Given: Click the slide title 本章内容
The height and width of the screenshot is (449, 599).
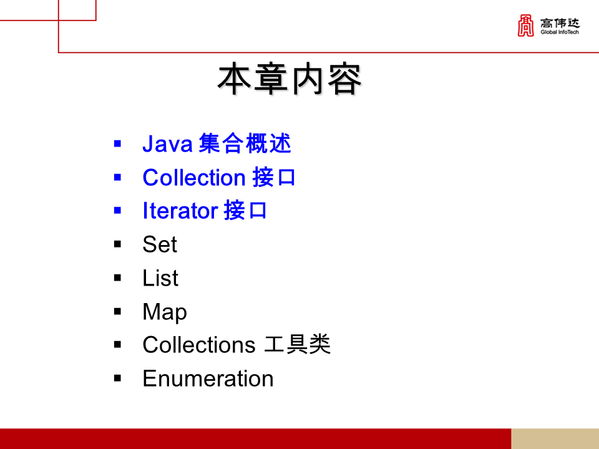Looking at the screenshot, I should [289, 79].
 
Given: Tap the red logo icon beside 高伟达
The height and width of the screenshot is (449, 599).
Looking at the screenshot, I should [525, 26].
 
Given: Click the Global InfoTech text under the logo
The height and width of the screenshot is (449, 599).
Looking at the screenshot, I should [560, 32].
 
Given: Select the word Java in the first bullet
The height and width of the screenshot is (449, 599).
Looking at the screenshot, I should [167, 144].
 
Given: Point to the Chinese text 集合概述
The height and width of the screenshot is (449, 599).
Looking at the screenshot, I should [245, 144].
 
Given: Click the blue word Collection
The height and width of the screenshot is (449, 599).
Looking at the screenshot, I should [193, 178].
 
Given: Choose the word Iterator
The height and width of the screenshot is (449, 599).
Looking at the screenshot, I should [180, 211].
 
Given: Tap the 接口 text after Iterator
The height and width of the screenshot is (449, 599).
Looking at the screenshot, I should [245, 211].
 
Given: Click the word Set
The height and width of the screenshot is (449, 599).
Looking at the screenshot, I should [160, 244].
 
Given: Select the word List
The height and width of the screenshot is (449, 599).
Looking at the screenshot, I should [160, 278].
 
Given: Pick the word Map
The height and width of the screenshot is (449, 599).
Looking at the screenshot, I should [165, 312].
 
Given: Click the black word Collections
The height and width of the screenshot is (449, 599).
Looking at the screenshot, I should [198, 345].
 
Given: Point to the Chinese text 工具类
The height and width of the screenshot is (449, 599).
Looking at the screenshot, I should [298, 345].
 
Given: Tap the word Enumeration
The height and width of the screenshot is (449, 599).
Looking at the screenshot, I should [208, 379].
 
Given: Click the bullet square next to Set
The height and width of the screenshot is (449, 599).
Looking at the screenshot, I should [117, 244].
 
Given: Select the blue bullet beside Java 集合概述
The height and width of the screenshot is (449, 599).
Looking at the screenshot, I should [117, 144].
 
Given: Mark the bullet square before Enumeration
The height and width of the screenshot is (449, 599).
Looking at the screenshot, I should [117, 378].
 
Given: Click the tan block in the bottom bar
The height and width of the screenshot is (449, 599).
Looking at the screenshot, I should [555, 438].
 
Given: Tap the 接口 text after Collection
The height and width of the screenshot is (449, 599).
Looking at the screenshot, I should [274, 178].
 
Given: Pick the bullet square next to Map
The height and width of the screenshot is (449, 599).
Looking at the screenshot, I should [117, 311].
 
